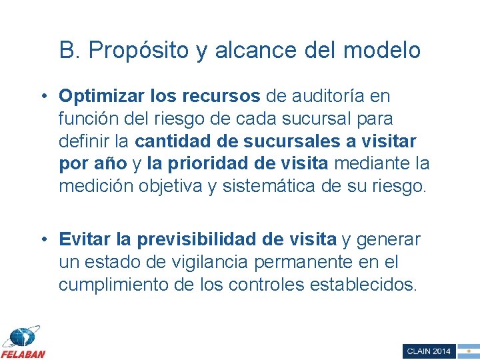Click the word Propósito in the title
pos(138,50)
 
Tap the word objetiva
pos(173,186)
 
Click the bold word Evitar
pos(83,239)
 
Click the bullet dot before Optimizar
pos(43,96)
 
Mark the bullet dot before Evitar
pos(43,239)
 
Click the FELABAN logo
pos(23,342)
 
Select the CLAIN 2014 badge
pos(429,351)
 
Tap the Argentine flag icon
pos(469,351)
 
